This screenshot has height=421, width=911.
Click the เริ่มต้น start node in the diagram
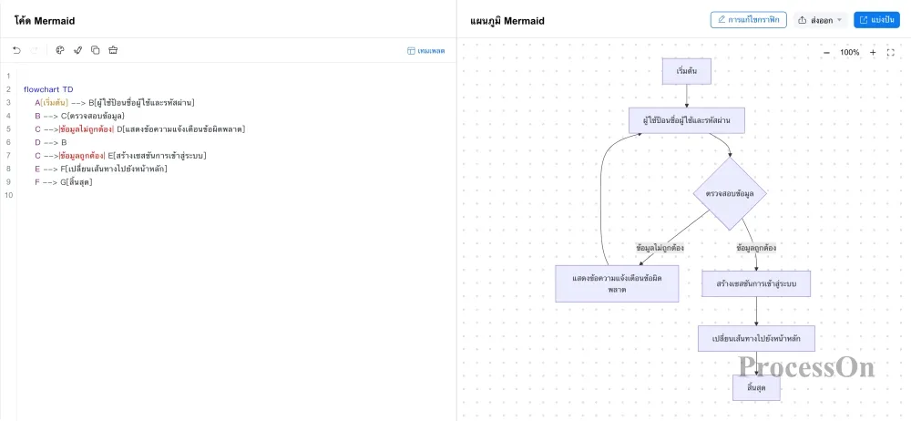(687, 71)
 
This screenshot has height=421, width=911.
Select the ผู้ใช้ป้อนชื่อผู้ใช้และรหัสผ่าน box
(687, 120)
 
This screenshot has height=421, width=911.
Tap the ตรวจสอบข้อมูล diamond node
(730, 193)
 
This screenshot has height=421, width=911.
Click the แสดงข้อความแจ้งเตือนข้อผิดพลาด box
(617, 283)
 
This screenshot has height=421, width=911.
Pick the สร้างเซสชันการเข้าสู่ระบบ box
(756, 283)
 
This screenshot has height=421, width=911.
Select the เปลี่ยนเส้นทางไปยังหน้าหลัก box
(756, 338)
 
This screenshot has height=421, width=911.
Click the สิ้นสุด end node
(756, 387)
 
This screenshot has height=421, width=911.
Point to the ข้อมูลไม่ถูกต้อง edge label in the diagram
(660, 248)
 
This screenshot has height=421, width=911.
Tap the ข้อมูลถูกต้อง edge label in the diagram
(756, 248)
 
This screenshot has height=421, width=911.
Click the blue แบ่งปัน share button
(876, 20)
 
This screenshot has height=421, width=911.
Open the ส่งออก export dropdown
(821, 20)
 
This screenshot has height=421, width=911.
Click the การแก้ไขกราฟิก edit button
(748, 20)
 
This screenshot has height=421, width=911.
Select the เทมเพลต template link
(425, 51)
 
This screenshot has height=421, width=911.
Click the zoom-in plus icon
(873, 52)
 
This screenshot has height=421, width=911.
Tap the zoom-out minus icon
(827, 52)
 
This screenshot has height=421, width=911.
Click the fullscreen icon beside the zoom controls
(891, 52)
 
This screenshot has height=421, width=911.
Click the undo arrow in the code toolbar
(16, 51)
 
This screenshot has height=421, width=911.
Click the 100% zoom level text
(849, 52)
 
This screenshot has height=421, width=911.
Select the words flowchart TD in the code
(48, 89)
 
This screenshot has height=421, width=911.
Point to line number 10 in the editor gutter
(8, 195)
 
